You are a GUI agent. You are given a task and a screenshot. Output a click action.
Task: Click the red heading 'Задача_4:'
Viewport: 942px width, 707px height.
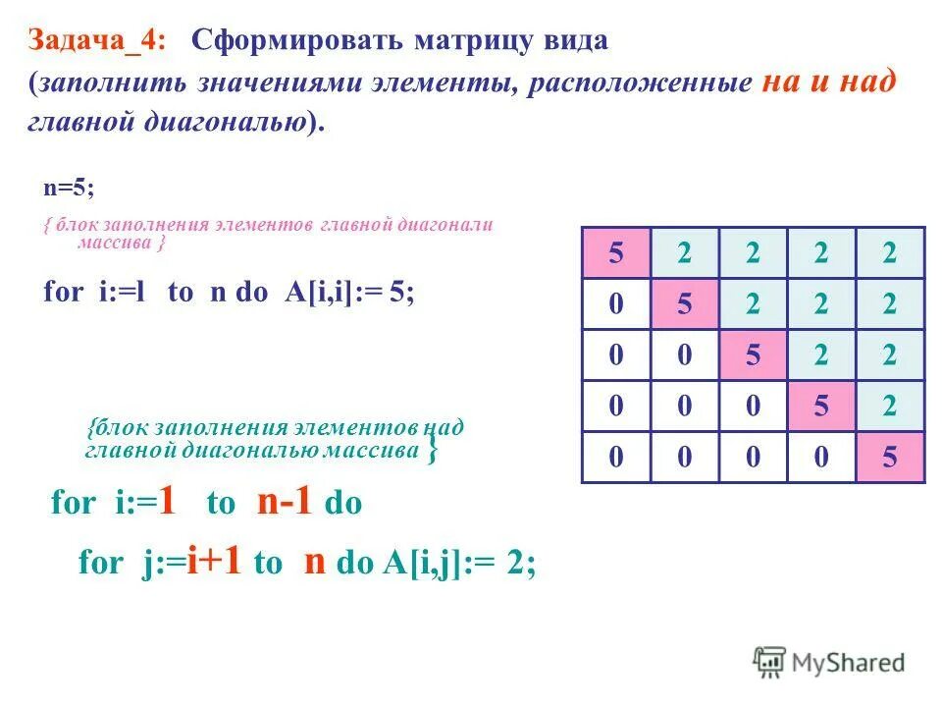(97, 40)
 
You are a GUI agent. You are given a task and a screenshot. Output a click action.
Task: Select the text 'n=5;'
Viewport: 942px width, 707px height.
(67, 187)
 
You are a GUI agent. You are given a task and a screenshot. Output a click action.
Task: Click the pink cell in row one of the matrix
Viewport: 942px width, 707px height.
(616, 253)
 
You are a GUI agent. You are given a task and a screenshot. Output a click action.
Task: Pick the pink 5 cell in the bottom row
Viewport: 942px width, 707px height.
(890, 458)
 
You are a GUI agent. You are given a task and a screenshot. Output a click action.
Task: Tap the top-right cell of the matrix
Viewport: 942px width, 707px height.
(890, 253)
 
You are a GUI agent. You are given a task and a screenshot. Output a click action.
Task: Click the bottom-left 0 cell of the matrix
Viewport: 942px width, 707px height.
(616, 458)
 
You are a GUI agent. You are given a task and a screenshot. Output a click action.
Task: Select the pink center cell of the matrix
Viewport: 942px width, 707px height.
(753, 355)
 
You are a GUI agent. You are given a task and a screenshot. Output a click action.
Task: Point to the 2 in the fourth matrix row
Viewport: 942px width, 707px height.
(890, 407)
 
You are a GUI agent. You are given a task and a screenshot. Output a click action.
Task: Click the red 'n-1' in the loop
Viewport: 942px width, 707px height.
(284, 503)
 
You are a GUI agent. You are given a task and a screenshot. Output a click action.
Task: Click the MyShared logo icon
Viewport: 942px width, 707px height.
(770, 662)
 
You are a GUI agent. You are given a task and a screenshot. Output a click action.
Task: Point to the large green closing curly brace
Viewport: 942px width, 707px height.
(433, 452)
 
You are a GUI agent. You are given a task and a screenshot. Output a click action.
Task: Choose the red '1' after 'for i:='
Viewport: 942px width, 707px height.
(167, 503)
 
